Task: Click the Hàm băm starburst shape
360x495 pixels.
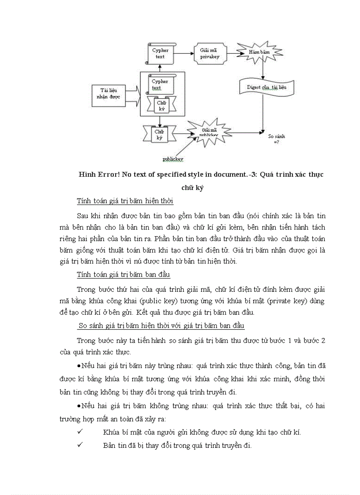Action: (259, 52)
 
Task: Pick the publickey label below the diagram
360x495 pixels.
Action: (173, 159)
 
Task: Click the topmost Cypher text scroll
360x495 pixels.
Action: (161, 53)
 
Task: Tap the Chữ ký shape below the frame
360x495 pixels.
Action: (160, 135)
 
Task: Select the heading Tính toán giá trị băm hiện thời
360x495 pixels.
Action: (125, 201)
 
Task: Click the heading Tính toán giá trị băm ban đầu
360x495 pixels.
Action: (123, 275)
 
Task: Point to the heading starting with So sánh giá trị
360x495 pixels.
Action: (161, 326)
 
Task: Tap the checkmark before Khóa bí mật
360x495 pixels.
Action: (80, 432)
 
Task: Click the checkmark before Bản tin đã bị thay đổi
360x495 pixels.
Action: (80, 445)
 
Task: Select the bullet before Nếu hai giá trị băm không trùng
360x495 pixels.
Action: (79, 406)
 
